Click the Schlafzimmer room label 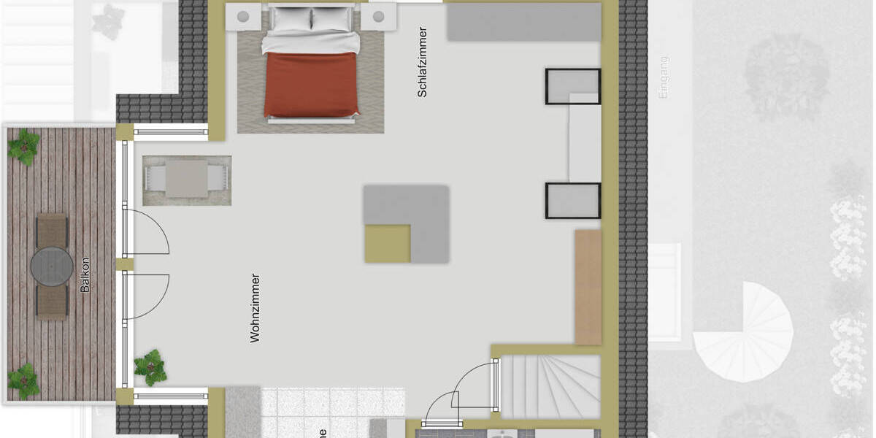tap(422, 62)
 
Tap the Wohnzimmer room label tap(255, 307)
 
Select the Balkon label tap(85, 274)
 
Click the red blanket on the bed tap(312, 84)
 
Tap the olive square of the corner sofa tap(388, 243)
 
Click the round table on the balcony tap(52, 267)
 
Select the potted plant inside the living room tap(150, 367)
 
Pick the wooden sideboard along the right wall tap(588, 286)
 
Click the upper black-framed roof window tap(572, 86)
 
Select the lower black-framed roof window tap(572, 201)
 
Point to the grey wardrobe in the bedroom tap(523, 22)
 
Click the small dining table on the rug tap(187, 179)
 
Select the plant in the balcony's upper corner tap(24, 145)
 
